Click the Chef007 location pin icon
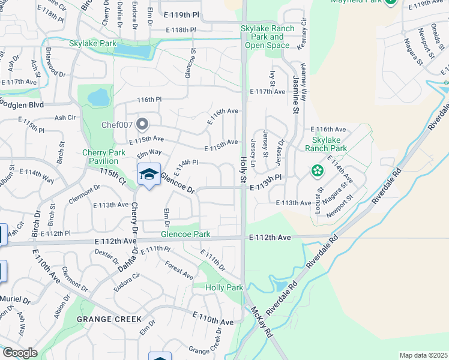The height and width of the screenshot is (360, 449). [x=142, y=125]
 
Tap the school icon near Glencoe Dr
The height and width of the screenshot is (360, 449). [x=149, y=175]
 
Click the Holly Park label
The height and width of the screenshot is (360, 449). [x=224, y=288]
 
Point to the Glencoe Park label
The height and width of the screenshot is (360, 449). [x=185, y=234]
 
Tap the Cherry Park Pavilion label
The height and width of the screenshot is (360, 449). [x=104, y=157]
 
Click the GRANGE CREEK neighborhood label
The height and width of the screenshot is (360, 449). [x=109, y=319]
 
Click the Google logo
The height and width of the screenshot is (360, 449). [x=20, y=353]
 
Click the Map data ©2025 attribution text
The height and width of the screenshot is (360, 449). [x=423, y=355]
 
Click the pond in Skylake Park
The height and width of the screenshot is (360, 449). [x=134, y=50]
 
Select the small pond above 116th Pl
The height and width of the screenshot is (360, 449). [x=98, y=96]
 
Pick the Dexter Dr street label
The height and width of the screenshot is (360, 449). [x=106, y=254]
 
